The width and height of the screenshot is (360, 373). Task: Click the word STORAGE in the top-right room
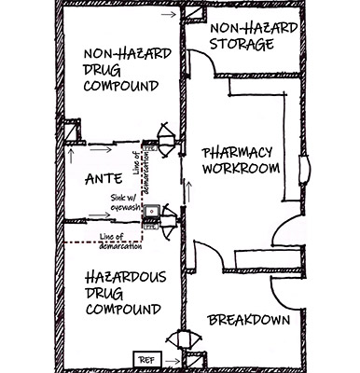[x=242, y=44]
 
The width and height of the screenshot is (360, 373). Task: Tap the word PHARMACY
[x=237, y=153]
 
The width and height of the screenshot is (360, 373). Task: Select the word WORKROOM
[x=241, y=168]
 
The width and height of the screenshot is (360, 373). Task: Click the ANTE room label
[x=104, y=179]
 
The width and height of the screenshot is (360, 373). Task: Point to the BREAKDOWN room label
[x=249, y=320]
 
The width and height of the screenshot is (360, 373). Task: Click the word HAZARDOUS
[x=126, y=277]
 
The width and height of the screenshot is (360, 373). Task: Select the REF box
[x=147, y=360]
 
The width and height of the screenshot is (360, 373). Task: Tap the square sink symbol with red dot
[x=152, y=211]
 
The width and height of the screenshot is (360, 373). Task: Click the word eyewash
[x=125, y=208]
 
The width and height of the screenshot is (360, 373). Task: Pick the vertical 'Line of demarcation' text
[x=141, y=172]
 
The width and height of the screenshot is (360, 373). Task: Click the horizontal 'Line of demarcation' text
[x=120, y=242]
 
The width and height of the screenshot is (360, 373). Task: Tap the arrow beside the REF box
[x=173, y=361]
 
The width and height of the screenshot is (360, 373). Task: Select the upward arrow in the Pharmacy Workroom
[x=188, y=192]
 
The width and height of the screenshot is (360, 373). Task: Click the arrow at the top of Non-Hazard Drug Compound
[x=169, y=14]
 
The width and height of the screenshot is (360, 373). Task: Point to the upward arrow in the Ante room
[x=71, y=156]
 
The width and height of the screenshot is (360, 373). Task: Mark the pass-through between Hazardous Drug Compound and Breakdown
[x=181, y=339]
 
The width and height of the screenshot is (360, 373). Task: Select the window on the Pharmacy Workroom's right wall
[x=304, y=170]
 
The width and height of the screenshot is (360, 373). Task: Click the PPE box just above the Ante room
[x=150, y=148]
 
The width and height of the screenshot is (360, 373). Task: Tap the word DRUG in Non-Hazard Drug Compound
[x=102, y=70]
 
